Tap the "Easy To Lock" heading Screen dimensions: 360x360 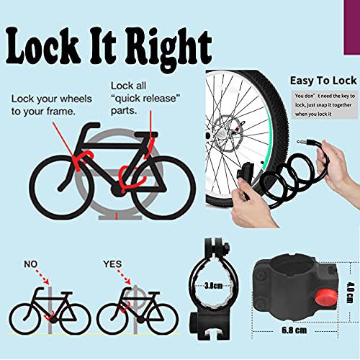(x=321, y=81)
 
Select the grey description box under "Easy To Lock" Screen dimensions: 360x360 (x=320, y=104)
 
